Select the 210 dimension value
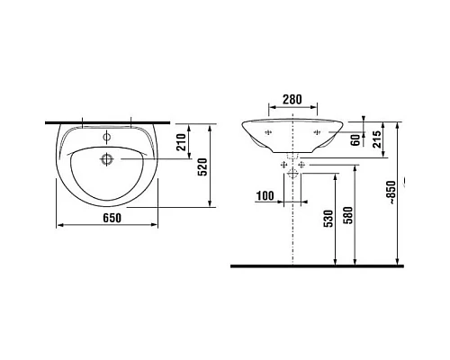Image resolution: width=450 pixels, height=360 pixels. (x=181, y=141)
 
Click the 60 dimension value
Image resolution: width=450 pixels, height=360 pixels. (x=355, y=139)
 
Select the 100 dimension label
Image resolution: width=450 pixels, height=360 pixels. (x=265, y=194)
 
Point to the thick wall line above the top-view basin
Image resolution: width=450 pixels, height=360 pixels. (x=108, y=121)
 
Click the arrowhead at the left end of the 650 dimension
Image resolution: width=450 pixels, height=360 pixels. (x=59, y=223)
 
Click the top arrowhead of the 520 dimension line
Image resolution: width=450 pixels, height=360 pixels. (x=210, y=125)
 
